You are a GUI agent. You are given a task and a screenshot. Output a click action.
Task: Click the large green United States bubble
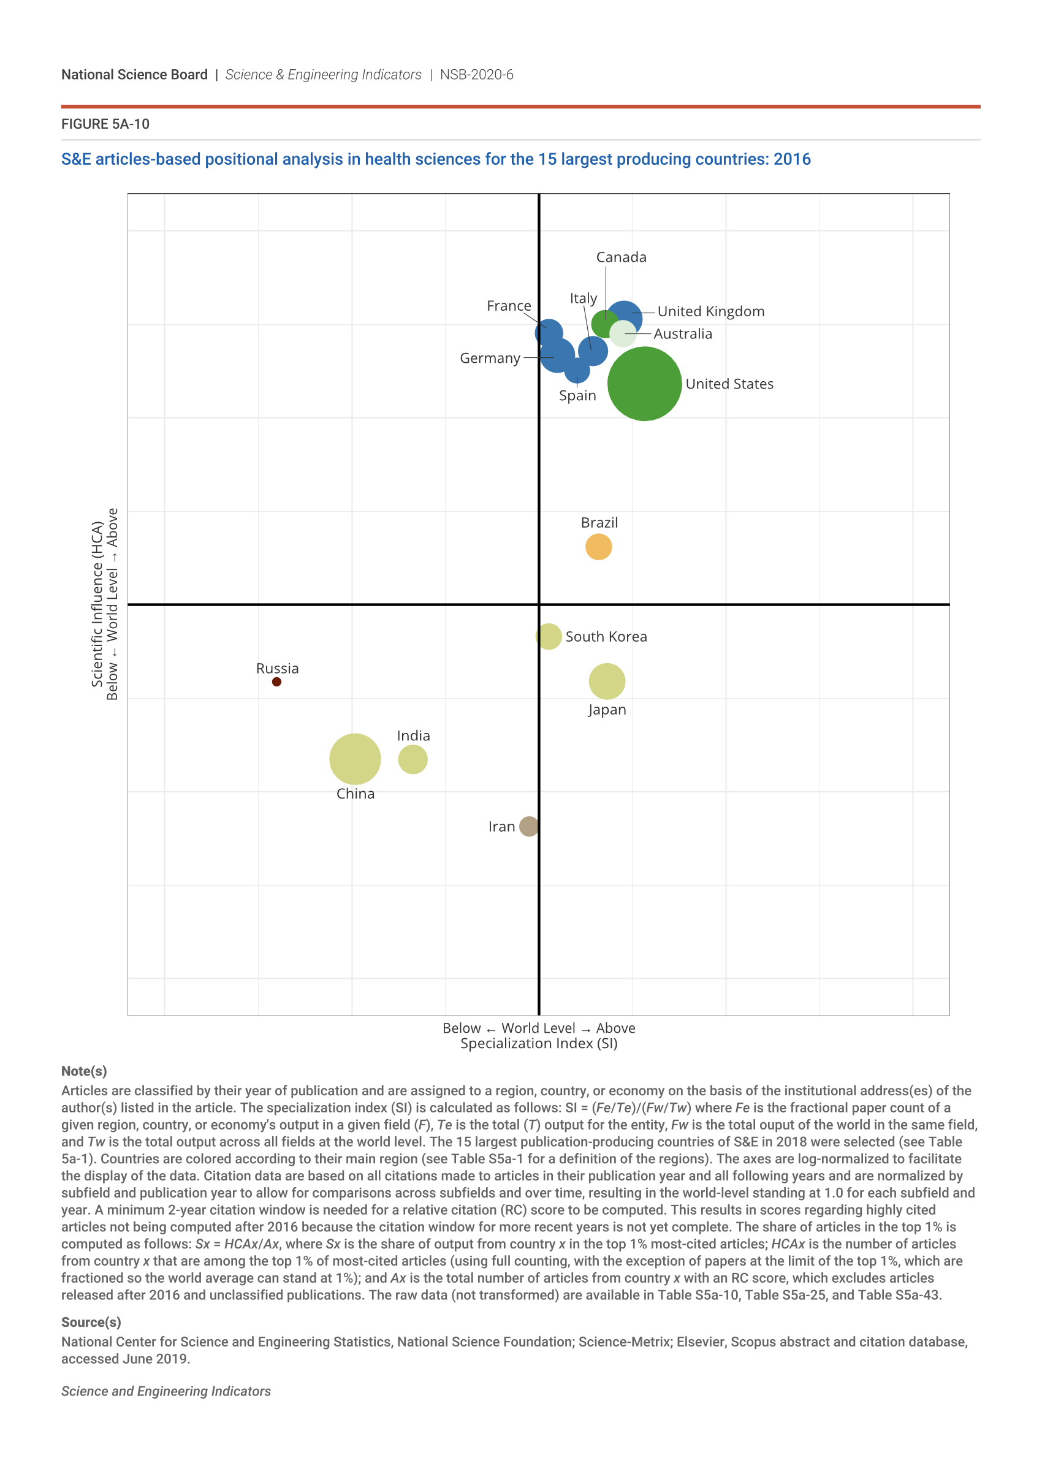pyautogui.click(x=644, y=384)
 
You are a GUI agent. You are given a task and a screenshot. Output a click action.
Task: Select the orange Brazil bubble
pyautogui.click(x=598, y=547)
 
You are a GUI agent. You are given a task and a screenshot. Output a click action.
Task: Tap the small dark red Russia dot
pyautogui.click(x=276, y=682)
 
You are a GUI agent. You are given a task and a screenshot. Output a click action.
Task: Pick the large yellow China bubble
pyautogui.click(x=355, y=759)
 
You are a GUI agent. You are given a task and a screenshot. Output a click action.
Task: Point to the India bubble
pyautogui.click(x=413, y=759)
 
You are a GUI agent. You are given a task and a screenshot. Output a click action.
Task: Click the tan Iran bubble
pyautogui.click(x=529, y=826)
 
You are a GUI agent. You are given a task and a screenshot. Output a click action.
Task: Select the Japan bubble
pyautogui.click(x=606, y=682)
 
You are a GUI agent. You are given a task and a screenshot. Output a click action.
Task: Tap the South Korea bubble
pyautogui.click(x=549, y=636)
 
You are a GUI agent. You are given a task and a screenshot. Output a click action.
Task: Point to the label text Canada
pyautogui.click(x=621, y=257)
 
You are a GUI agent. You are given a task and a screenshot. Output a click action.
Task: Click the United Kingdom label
pyautogui.click(x=711, y=312)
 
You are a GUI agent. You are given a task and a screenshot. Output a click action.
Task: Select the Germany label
pyautogui.click(x=490, y=358)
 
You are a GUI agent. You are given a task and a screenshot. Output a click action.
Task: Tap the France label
pyautogui.click(x=509, y=306)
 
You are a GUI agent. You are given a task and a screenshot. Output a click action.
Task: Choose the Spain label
pyautogui.click(x=577, y=395)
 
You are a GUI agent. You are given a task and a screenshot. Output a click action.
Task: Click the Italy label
pyautogui.click(x=584, y=298)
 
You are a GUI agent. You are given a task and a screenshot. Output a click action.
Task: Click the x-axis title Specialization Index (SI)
pyautogui.click(x=539, y=1043)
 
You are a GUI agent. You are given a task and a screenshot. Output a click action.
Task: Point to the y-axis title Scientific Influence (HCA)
pyautogui.click(x=97, y=604)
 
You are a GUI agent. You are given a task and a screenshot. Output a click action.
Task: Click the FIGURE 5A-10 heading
pyautogui.click(x=105, y=124)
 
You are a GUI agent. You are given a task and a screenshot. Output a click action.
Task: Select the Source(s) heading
pyautogui.click(x=91, y=1323)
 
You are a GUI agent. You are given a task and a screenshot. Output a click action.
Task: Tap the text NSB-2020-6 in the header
pyautogui.click(x=477, y=75)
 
